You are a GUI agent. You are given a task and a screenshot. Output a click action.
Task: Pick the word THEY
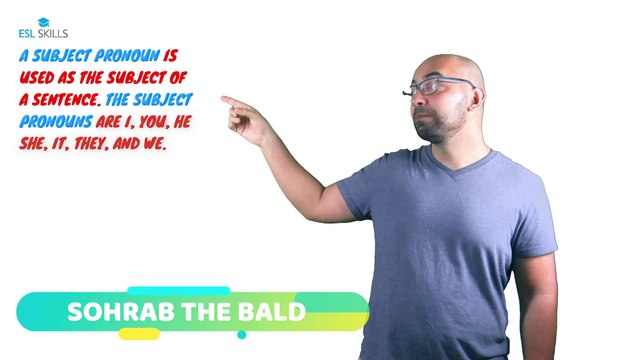(x=99, y=144)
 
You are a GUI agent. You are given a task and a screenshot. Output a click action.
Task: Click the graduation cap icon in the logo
(x=43, y=21)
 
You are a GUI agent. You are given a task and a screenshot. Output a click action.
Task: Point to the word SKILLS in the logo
(x=51, y=34)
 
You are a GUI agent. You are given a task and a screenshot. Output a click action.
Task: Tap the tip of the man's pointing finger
(x=223, y=98)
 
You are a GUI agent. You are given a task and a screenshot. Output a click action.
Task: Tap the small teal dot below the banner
(x=241, y=337)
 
